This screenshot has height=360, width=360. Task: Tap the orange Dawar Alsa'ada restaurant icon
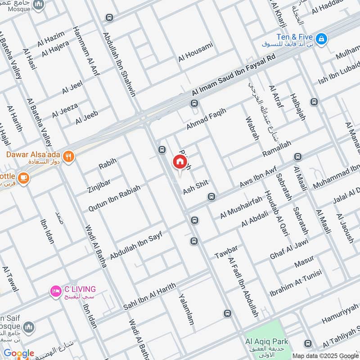[68, 156]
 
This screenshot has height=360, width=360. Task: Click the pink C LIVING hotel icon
[55, 292]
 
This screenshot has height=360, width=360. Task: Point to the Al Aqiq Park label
[267, 342]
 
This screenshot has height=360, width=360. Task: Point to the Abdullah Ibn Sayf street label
[135, 243]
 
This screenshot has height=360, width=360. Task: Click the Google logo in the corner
[18, 353]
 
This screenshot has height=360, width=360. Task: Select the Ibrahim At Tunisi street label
[295, 283]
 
